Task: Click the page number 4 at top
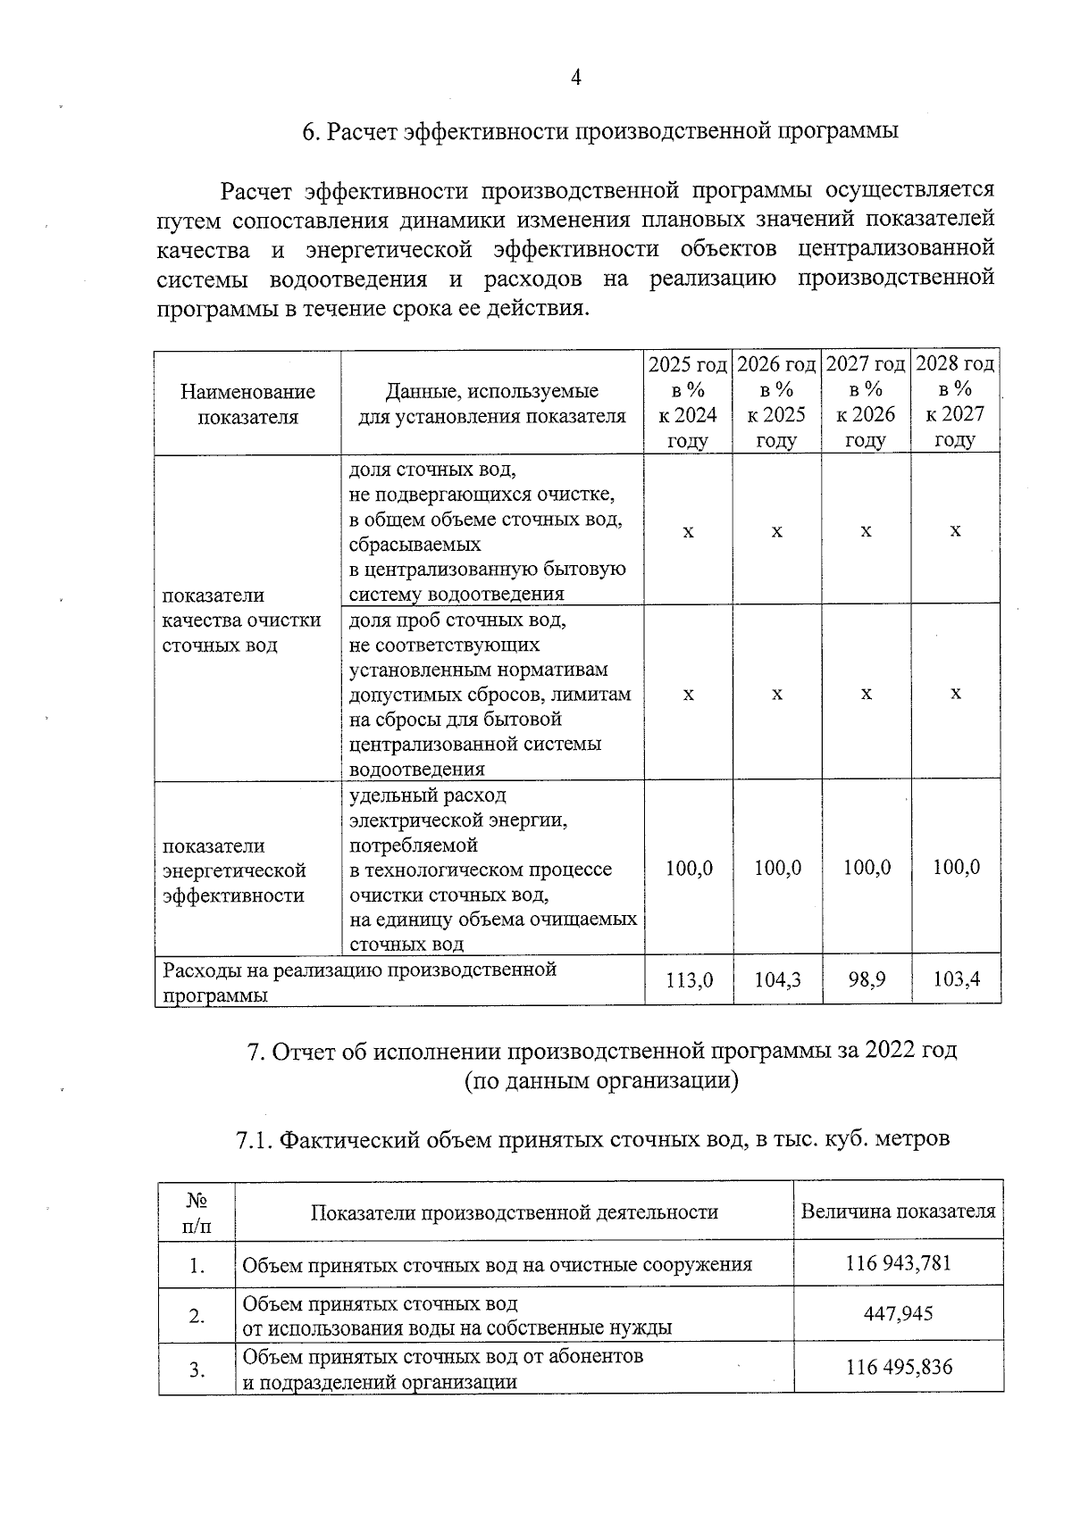click(575, 78)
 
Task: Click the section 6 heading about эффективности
click(599, 131)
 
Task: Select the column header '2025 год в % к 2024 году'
click(688, 402)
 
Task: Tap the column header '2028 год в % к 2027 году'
click(955, 402)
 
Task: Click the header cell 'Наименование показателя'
click(247, 404)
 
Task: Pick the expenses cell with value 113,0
click(689, 980)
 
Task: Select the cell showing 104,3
click(777, 980)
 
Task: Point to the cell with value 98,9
click(867, 980)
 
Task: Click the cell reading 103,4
click(956, 980)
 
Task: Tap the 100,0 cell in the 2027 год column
click(867, 868)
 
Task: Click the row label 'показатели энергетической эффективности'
click(234, 870)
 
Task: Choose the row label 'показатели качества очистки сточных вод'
click(241, 620)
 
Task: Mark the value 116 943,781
click(898, 1263)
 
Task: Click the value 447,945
click(898, 1314)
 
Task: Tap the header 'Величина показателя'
click(898, 1211)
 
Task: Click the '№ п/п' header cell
click(197, 1212)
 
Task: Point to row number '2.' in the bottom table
click(197, 1316)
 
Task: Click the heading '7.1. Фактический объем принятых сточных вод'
click(592, 1140)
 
